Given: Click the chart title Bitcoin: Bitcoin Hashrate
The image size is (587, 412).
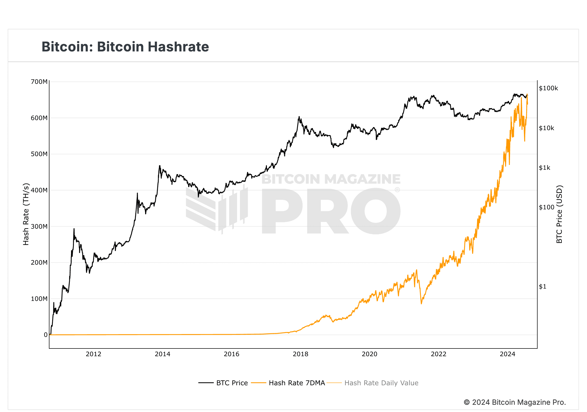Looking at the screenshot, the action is point(125,47).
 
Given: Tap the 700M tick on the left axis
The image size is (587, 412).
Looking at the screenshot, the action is point(39,82).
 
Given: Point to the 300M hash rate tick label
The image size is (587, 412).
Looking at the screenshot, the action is point(39,227).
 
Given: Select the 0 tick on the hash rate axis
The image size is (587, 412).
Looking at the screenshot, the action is point(46,335).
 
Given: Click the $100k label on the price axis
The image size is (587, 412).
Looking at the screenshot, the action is point(548,88).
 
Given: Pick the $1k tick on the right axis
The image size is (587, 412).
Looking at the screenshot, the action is point(545,168).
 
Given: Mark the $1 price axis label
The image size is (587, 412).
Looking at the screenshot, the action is point(542,286).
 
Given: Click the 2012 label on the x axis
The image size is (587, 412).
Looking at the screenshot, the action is point(93,354).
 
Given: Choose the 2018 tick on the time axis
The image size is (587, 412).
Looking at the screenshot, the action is point(300,354).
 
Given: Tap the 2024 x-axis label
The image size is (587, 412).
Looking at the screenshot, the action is point(507,354).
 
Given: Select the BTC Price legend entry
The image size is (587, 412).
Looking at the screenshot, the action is point(223,383).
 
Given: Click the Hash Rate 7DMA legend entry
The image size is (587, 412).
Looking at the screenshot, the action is point(288,383).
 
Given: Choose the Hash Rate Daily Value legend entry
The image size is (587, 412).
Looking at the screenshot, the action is point(373,383).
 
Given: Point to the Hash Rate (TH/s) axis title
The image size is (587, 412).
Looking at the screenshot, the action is point(26,214).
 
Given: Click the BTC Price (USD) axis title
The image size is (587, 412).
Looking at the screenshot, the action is point(559,214).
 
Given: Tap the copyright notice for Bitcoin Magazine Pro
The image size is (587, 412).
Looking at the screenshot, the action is point(515,402).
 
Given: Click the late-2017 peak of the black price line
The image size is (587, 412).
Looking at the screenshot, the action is point(299,117).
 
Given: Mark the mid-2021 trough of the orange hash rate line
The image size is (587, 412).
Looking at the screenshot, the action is point(421,304).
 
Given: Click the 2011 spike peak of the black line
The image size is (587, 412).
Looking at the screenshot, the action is point(74,229).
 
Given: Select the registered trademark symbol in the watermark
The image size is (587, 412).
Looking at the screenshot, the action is point(397,190).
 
